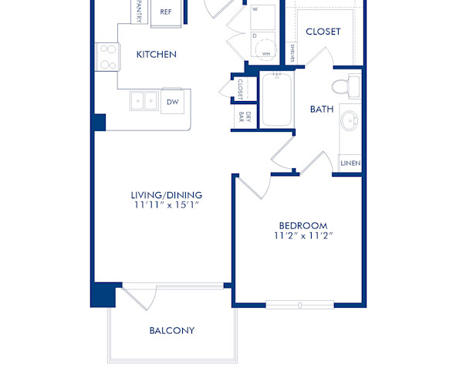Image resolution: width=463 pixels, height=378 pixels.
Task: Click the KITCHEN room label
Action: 157,55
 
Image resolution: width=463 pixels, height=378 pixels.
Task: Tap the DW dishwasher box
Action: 172,101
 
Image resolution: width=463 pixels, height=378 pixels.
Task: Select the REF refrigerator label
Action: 166,12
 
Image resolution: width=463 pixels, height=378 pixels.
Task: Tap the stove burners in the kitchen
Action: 106,57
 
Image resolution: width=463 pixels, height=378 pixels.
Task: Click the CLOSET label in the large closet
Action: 323,32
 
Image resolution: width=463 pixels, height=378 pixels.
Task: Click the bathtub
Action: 276,100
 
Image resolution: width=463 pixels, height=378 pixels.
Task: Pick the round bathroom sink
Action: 350,121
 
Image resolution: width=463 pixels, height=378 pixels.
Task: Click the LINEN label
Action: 350,164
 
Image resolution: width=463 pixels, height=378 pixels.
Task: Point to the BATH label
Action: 322,110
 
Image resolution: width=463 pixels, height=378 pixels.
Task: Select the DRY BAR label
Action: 241,117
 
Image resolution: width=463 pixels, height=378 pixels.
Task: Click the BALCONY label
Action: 172,331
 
